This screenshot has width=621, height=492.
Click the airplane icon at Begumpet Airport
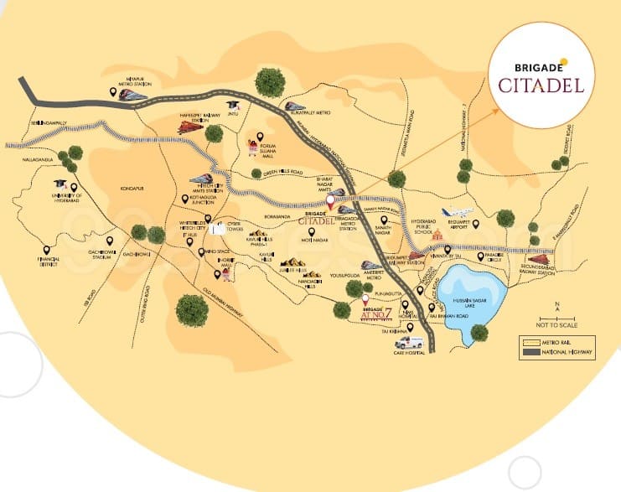459,212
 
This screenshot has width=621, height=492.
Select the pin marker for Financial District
45,250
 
